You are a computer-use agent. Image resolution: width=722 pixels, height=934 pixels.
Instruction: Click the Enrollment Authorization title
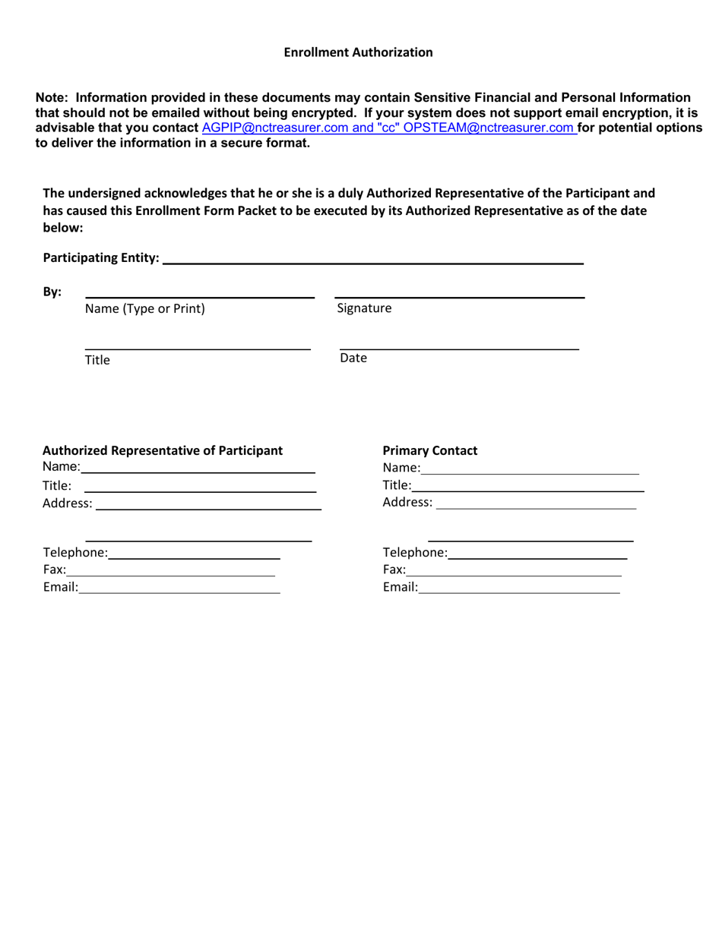tap(358, 52)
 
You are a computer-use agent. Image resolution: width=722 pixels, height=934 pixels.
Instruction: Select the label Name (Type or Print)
tap(144, 308)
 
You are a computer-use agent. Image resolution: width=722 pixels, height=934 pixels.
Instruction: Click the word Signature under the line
tap(364, 308)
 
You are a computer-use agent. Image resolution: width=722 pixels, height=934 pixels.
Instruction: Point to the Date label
tap(353, 358)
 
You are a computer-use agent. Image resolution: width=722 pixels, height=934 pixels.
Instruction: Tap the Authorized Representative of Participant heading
tap(163, 450)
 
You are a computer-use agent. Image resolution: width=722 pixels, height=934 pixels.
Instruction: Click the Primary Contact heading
tap(430, 450)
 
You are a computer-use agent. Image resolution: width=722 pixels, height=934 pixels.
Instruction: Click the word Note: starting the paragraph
tap(52, 97)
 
